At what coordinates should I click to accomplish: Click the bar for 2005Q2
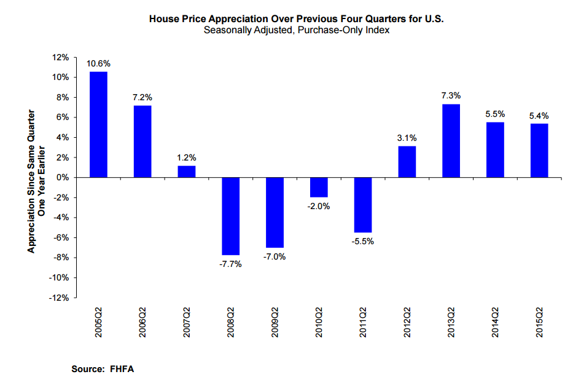99,125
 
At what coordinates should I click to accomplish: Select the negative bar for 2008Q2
231,216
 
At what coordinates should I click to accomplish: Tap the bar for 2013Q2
451,141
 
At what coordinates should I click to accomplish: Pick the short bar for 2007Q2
187,172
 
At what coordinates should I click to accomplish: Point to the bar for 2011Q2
363,205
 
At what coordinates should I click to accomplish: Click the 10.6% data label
99,63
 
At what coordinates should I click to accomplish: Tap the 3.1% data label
407,138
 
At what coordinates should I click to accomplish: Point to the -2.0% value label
319,207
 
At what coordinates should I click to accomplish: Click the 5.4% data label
539,115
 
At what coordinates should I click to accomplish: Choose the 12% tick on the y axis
61,57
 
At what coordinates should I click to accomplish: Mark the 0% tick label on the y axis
63,178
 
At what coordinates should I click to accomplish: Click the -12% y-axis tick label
60,298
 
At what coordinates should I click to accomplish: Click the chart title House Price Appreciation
297,19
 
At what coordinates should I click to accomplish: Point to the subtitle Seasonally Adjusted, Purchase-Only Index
297,30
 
